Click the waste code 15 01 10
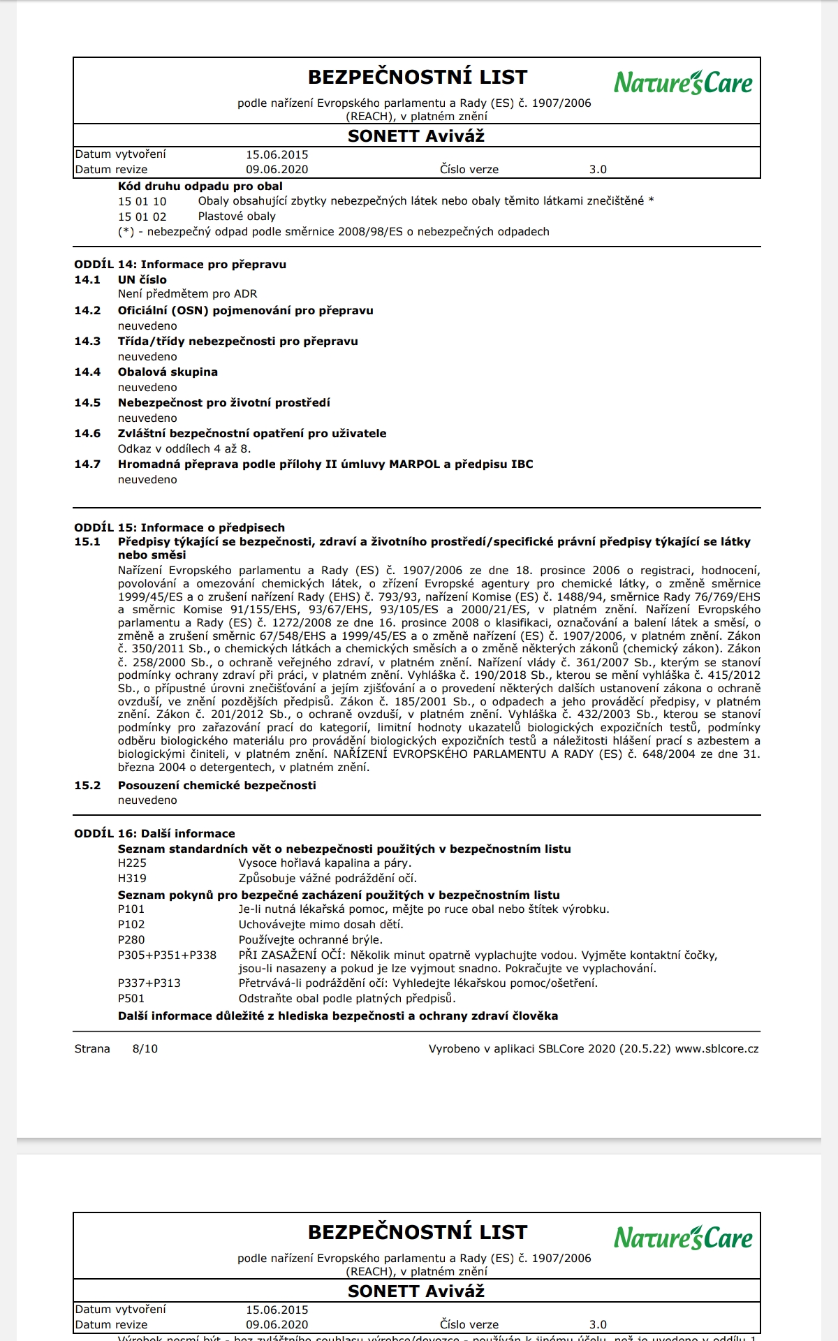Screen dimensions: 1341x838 [142, 201]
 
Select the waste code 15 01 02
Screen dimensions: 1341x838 [142, 217]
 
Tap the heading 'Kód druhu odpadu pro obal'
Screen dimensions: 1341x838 [200, 186]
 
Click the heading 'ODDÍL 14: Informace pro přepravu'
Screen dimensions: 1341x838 [180, 265]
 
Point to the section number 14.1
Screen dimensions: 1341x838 [87, 280]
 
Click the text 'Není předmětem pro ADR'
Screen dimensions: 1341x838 [187, 294]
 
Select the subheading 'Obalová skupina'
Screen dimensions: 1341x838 [168, 372]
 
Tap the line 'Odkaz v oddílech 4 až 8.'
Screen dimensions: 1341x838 [184, 449]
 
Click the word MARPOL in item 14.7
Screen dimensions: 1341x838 [414, 464]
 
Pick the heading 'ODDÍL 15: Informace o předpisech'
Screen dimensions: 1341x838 [179, 528]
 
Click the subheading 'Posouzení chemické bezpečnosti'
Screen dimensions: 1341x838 [216, 786]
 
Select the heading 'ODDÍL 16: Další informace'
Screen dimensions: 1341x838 [154, 834]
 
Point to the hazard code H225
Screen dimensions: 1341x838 [132, 863]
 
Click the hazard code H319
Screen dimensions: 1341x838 [132, 879]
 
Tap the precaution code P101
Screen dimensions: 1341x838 [131, 909]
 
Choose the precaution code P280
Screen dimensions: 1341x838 [131, 940]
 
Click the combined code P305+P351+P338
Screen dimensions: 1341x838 [167, 955]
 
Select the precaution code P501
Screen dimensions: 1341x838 [131, 999]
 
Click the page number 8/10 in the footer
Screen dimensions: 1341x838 [145, 1049]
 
